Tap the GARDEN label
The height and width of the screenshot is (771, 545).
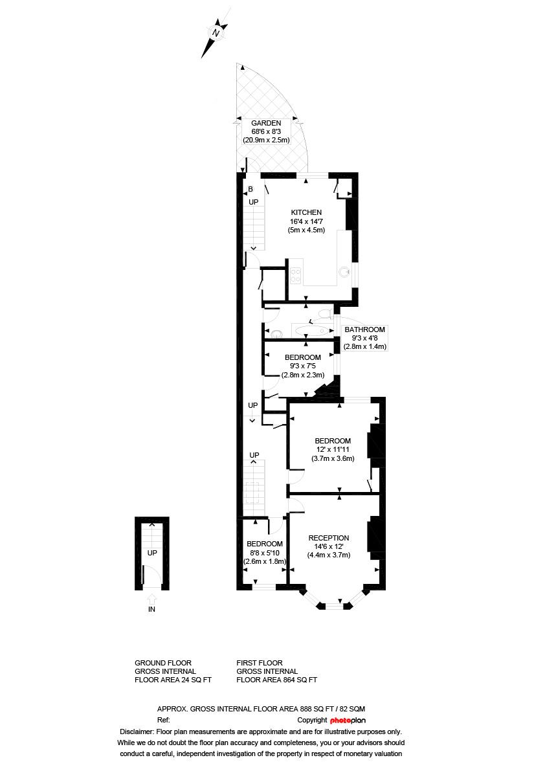click(x=266, y=123)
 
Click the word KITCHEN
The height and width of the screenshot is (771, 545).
click(x=306, y=212)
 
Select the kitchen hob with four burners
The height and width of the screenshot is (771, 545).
click(x=296, y=275)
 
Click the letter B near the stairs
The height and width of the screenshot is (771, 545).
click(x=250, y=189)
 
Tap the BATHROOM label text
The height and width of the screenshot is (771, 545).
click(x=364, y=330)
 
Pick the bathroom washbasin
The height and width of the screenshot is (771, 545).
click(x=276, y=333)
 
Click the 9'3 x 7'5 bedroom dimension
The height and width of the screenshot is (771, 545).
click(x=302, y=366)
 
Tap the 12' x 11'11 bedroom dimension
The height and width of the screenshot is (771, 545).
click(x=333, y=450)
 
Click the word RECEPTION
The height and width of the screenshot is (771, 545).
click(x=328, y=538)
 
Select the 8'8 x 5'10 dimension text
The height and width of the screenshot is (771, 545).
click(x=265, y=552)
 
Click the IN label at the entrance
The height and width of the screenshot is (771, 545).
click(x=151, y=609)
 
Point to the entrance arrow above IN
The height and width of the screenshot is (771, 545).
click(x=151, y=598)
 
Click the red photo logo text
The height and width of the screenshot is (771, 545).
click(x=340, y=720)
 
